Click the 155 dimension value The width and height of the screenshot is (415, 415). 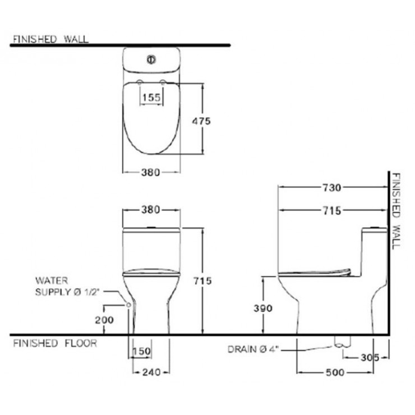point(151,98)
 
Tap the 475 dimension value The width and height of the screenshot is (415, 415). point(201,121)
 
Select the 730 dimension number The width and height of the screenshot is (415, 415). point(332,188)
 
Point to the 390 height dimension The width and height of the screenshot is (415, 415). point(263,308)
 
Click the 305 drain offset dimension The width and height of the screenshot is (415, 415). point(370,358)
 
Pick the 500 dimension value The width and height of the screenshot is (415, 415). point(335,372)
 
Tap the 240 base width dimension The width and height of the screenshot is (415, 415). point(151,372)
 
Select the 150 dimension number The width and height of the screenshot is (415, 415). point(141,352)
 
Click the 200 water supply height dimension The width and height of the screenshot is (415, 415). point(104,320)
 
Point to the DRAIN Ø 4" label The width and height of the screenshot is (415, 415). point(253,349)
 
